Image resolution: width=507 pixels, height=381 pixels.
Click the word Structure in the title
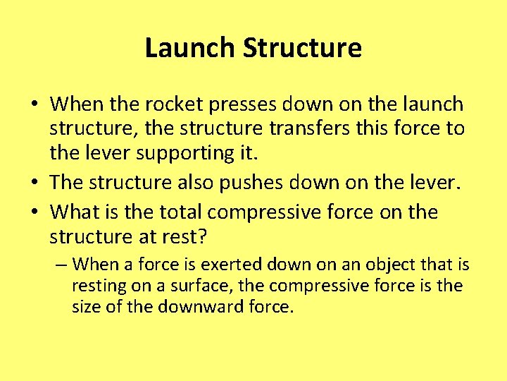point(302,48)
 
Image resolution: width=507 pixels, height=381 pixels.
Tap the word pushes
point(263,183)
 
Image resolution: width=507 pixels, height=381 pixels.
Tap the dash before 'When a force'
point(61,265)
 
